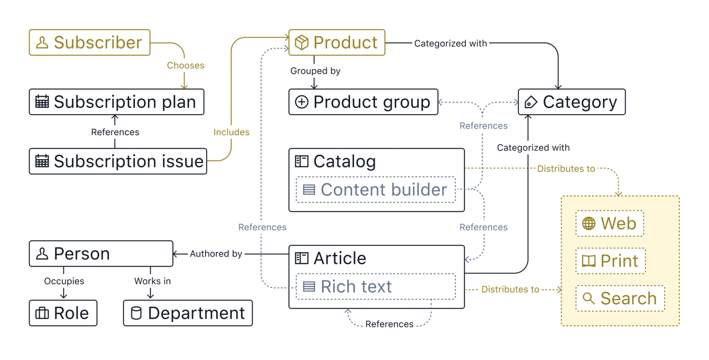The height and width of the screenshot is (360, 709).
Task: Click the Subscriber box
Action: click(89, 42)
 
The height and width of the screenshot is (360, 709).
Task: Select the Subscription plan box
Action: click(116, 102)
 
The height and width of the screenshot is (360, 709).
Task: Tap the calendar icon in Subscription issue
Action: click(42, 161)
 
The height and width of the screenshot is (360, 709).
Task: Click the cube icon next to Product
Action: click(302, 42)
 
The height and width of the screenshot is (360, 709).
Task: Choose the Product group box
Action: click(363, 102)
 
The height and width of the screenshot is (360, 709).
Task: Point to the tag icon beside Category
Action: click(531, 102)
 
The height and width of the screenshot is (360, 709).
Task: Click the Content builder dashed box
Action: click(376, 190)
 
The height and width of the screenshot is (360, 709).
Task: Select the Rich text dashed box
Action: click(376, 287)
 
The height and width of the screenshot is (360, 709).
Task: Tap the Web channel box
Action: click(609, 223)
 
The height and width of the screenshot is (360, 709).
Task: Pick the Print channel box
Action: click(610, 261)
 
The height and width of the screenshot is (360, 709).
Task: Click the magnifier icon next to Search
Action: click(589, 298)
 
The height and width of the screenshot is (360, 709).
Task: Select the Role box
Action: click(63, 313)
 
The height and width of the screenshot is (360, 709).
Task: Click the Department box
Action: click(188, 313)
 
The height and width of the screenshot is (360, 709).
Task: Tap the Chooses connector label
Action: click(185, 65)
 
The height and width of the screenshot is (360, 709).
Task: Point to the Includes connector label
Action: click(231, 132)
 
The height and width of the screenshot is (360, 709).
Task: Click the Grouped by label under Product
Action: click(315, 71)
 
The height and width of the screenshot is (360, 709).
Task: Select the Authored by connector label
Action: click(216, 254)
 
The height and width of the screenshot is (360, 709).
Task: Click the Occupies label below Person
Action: click(64, 281)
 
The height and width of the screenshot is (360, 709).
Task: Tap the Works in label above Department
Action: click(152, 281)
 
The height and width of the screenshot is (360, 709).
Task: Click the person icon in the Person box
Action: click(42, 254)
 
